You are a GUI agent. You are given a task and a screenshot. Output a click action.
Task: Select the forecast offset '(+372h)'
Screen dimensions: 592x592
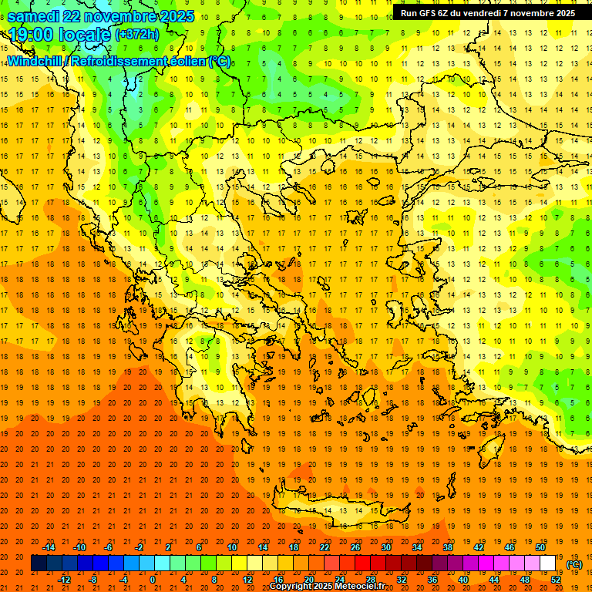137,34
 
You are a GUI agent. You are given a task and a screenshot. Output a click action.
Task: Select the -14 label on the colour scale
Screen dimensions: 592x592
49,547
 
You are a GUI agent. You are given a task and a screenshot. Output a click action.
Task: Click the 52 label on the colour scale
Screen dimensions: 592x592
556,579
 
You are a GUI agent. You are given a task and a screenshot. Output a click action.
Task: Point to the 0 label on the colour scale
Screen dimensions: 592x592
153,579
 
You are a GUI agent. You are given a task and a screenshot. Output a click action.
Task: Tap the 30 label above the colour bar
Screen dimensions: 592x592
385,547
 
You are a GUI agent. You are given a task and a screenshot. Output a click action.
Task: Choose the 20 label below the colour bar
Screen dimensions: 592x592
308,579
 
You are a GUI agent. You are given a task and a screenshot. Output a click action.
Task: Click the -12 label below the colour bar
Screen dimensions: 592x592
64,579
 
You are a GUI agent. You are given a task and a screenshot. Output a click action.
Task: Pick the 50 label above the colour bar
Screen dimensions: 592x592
540,547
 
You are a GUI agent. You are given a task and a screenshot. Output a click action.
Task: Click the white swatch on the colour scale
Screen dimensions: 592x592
548,563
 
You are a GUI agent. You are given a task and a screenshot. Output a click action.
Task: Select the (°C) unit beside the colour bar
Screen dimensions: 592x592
574,564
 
